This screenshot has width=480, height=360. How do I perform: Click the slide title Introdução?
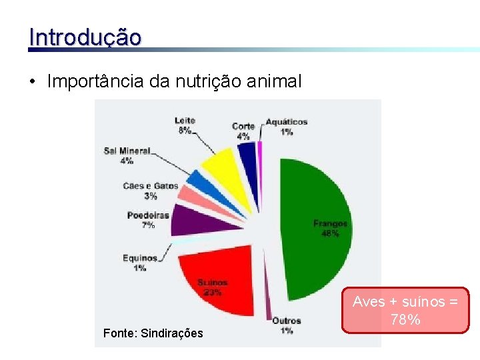[x=85, y=37]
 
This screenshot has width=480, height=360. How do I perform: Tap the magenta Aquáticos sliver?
[x=260, y=152]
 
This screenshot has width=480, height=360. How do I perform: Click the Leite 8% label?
[x=185, y=125]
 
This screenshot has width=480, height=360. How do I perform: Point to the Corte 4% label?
[x=243, y=131]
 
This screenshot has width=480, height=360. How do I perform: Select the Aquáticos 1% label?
[x=287, y=127]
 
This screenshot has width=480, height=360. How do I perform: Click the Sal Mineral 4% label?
[x=127, y=155]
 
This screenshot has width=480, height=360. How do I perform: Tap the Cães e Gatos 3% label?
[x=151, y=191]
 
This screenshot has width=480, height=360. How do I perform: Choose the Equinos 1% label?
[x=140, y=263]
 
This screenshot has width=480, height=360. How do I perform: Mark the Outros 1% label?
[x=286, y=325]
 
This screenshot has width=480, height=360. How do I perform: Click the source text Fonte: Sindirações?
[x=153, y=333]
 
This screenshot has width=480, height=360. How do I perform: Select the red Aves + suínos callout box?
[x=405, y=310]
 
